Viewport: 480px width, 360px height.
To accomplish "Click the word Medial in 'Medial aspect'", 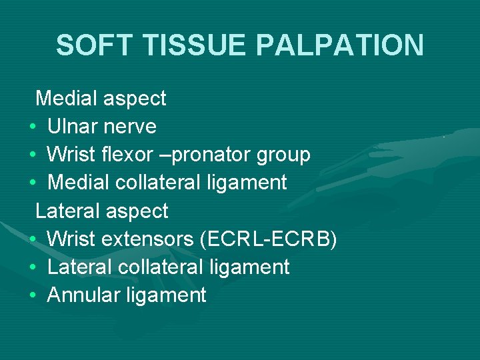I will (x=69, y=99).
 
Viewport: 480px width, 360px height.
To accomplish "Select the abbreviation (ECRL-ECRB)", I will (x=269, y=239).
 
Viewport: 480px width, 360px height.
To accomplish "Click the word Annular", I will (x=83, y=295).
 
